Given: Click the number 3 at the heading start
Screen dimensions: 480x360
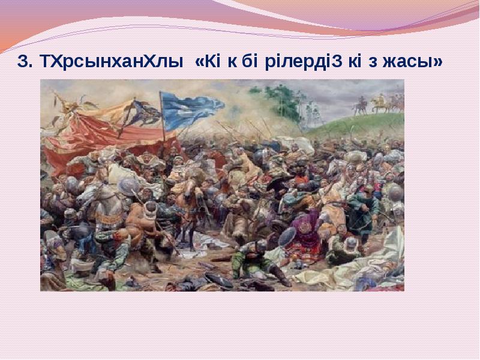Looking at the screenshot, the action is pos(24,62).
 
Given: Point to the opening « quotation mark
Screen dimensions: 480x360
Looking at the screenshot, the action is pos(200,62).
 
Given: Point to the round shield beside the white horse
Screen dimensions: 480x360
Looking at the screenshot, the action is pos(128,186).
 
